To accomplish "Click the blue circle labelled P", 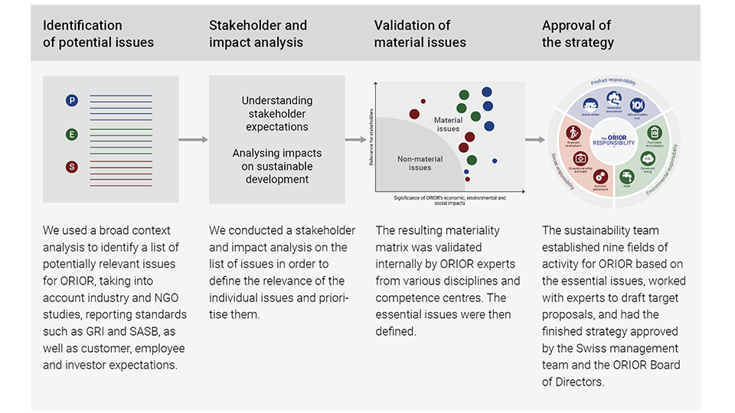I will (72, 100).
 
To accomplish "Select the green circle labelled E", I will (72, 135).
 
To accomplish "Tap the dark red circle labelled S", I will (72, 167).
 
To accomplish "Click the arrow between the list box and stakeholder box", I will (194, 140).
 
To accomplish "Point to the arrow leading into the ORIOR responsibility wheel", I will (535, 140).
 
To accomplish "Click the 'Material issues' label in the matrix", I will (448, 125).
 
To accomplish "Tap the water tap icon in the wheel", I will (627, 175).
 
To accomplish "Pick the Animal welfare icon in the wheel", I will (590, 106).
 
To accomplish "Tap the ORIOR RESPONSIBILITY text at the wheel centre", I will (614, 140).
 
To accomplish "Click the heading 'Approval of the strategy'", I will (578, 34).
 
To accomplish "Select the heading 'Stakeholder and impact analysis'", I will (258, 34).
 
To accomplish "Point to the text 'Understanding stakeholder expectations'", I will (277, 113).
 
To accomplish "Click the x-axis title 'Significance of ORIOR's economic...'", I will (450, 200).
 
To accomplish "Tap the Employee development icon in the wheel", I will (572, 132).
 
